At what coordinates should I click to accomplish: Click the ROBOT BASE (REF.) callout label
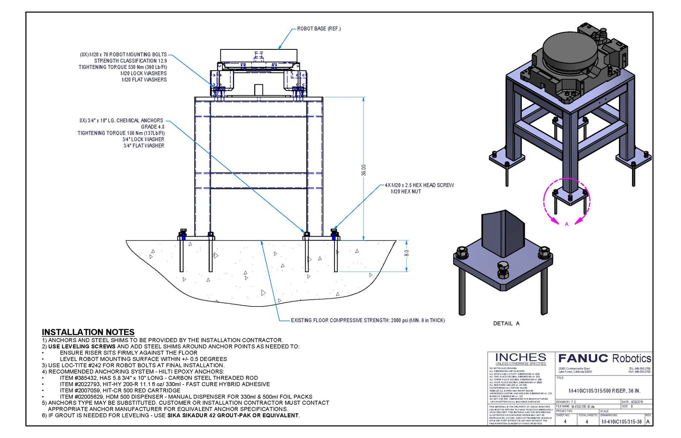(x=319, y=29)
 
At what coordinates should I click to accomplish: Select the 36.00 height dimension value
(x=363, y=170)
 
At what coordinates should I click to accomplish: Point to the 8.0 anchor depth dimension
(x=406, y=253)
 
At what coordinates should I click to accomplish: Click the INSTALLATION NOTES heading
(x=88, y=332)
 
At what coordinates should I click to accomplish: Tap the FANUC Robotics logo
(x=604, y=358)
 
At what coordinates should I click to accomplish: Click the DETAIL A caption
(x=506, y=323)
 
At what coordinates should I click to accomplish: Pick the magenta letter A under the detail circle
(x=567, y=224)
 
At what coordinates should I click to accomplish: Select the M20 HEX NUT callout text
(x=406, y=192)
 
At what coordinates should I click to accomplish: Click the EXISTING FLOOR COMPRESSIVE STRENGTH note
(x=368, y=321)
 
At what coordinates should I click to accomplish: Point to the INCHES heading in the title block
(x=521, y=357)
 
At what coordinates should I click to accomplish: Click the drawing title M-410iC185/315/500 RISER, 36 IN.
(x=604, y=391)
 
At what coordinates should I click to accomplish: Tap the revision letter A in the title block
(x=648, y=422)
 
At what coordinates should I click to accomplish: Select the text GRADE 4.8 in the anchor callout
(x=152, y=127)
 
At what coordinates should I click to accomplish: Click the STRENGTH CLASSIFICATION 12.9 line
(x=130, y=61)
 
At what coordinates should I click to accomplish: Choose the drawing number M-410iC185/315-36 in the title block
(x=621, y=422)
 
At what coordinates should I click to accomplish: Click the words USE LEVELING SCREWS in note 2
(x=82, y=346)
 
